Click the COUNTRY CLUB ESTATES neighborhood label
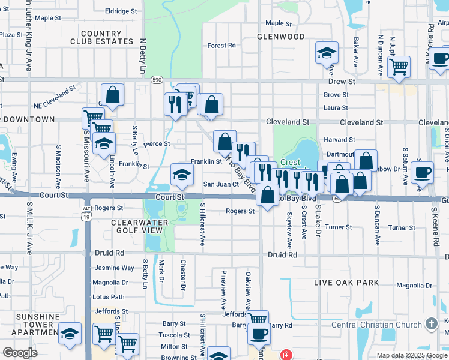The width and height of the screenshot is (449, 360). click(101, 37)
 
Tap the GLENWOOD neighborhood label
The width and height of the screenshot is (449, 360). click(281, 37)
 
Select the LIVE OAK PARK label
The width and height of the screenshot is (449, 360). click(347, 283)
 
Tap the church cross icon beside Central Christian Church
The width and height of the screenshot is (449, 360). click(430, 325)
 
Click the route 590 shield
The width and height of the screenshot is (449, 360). click(157, 79)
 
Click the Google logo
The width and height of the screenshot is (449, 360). click(20, 352)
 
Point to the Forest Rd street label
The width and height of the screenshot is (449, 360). click(221, 46)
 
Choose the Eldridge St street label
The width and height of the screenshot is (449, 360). click(121, 11)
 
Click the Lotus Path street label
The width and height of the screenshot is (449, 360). click(109, 297)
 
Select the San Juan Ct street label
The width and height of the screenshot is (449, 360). click(221, 184)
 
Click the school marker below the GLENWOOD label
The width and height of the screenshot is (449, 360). click(327, 54)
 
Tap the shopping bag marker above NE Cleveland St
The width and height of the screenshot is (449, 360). click(112, 95)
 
